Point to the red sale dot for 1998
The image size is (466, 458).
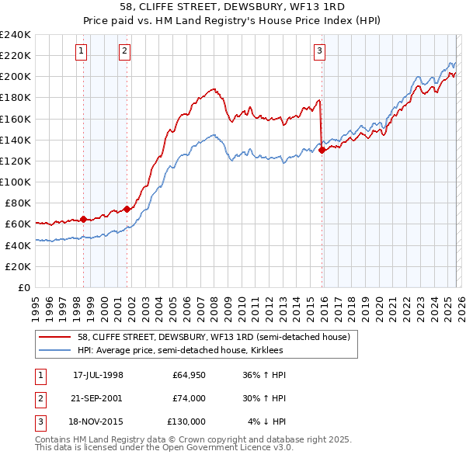(x=84, y=219)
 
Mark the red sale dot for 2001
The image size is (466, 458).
(x=127, y=209)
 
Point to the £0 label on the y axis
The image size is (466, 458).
(x=23, y=287)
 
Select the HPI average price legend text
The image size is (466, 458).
(x=180, y=351)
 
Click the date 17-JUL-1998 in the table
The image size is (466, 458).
(x=98, y=375)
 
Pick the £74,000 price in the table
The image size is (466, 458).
(x=189, y=398)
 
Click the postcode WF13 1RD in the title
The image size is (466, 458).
(x=316, y=9)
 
